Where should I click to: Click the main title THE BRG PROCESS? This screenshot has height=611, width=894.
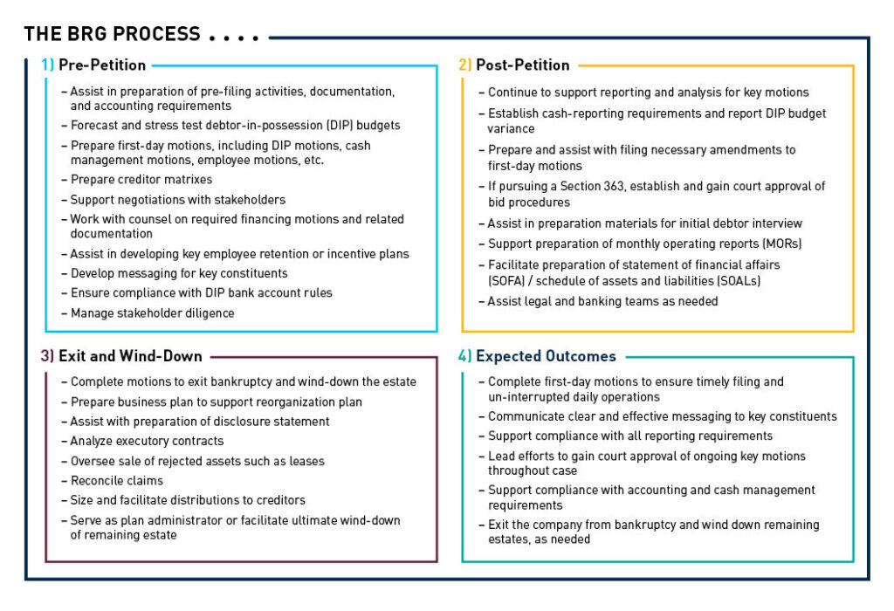(x=112, y=35)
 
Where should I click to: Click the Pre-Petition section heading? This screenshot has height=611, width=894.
(x=102, y=65)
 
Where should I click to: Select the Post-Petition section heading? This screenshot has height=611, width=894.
(x=522, y=65)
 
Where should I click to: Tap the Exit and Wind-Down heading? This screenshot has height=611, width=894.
(x=130, y=356)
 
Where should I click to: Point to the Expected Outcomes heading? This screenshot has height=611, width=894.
(x=546, y=356)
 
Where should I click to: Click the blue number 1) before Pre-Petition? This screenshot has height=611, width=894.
(x=47, y=65)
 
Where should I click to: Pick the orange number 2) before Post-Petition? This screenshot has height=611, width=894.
(x=464, y=65)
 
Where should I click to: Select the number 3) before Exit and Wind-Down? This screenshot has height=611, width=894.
(x=47, y=356)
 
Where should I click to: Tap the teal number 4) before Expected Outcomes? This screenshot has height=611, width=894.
(x=464, y=356)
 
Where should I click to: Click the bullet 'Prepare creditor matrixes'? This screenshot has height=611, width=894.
(x=141, y=180)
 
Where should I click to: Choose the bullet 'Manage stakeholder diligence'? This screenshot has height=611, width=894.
(x=152, y=313)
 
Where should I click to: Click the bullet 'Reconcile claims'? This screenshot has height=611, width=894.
(x=117, y=481)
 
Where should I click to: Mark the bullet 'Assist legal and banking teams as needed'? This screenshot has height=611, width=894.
(x=602, y=301)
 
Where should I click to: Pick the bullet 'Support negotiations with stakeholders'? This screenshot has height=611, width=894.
(x=178, y=200)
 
